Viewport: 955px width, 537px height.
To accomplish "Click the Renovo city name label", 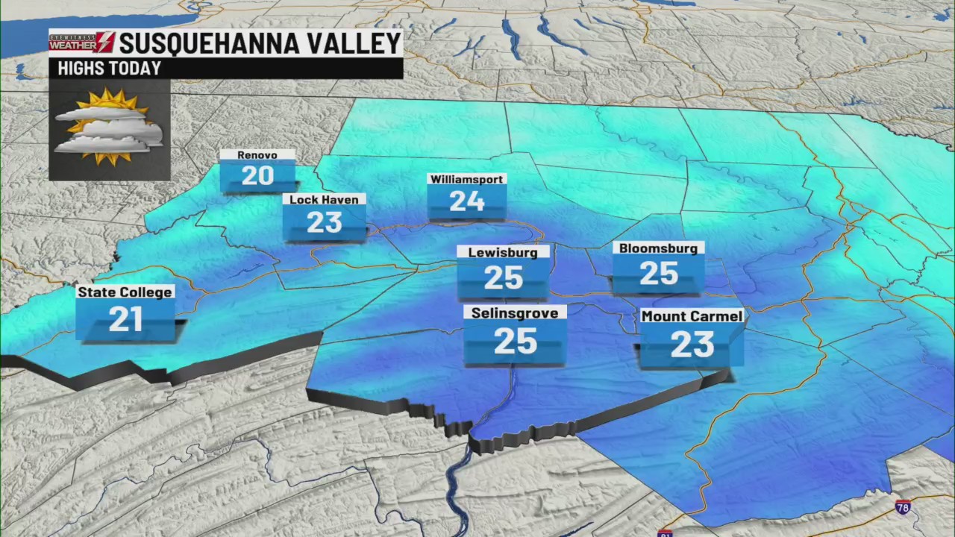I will (x=257, y=155).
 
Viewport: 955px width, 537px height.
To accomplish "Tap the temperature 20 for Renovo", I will (x=257, y=176).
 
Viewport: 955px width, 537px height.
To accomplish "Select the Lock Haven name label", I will (x=324, y=199).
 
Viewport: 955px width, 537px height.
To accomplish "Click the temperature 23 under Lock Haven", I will (x=324, y=222).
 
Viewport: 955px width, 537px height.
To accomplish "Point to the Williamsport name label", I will (x=467, y=179).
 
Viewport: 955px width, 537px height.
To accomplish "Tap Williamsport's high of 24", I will (x=467, y=201).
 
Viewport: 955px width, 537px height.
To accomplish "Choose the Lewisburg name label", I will (x=503, y=252).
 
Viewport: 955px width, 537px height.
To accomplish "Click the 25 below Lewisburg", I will (x=503, y=278).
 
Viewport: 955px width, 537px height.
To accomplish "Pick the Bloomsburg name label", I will (x=658, y=248).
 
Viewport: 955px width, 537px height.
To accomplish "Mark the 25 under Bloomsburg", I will (x=658, y=274).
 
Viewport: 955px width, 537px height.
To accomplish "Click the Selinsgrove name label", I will (x=515, y=313).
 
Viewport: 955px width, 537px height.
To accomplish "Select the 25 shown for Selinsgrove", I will (x=515, y=342).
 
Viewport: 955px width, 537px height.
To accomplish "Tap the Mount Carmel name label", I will (x=692, y=316).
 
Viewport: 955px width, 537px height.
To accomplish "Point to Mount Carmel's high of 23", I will (x=692, y=345).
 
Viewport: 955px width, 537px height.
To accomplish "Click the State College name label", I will (x=125, y=292).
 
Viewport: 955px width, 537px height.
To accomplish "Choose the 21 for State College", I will (x=125, y=319).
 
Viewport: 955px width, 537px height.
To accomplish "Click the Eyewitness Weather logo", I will (x=82, y=42).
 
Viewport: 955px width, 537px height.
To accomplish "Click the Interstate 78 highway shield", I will (x=903, y=507).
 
